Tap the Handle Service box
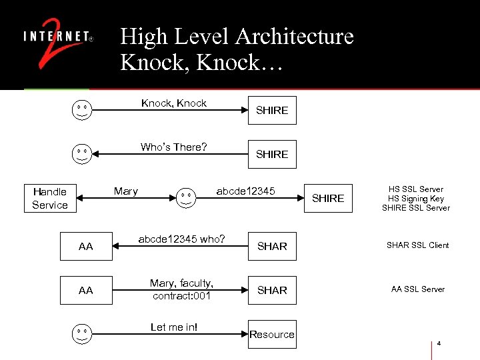[50, 198]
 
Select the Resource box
[271, 334]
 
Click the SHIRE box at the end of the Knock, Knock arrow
[272, 110]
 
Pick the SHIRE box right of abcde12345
[328, 198]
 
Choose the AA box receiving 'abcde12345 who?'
[86, 246]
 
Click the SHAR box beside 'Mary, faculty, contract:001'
[272, 290]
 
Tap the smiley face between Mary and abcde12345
[187, 198]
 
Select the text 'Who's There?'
[173, 147]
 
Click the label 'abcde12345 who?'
[181, 239]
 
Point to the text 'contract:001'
[181, 295]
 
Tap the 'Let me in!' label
[174, 327]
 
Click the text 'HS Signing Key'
[416, 199]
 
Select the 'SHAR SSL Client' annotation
[418, 245]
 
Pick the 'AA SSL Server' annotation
[418, 289]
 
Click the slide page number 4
[439, 344]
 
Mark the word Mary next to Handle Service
[125, 191]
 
